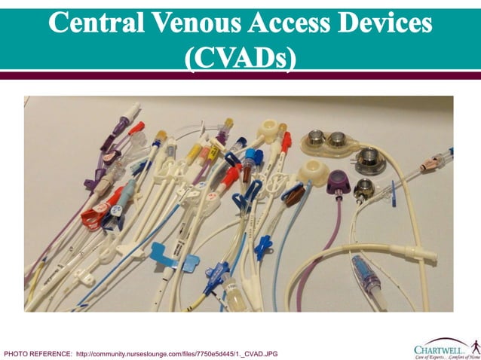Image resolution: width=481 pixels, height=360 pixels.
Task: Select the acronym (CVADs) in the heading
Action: pyautogui.click(x=240, y=56)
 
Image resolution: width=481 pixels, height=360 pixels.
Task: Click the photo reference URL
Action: pyautogui.click(x=177, y=352)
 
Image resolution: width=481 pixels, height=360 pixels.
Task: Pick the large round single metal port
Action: pyautogui.click(x=369, y=157)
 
